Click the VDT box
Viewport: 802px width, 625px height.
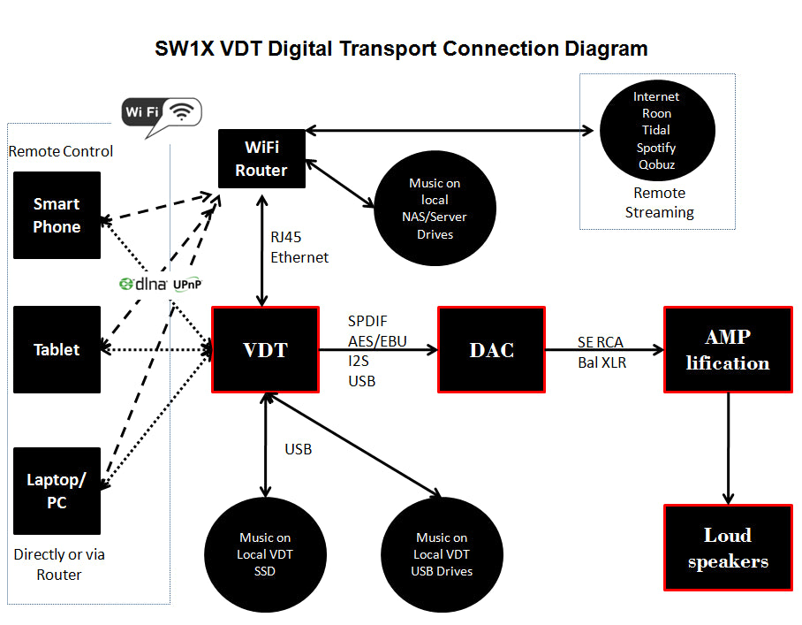[x=265, y=349]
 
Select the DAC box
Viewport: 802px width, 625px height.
[x=491, y=349]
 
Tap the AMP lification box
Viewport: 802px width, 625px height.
[x=728, y=349]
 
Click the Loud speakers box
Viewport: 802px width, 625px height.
[x=728, y=547]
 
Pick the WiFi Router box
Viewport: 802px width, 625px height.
[x=261, y=158]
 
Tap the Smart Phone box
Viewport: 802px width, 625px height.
[x=57, y=215]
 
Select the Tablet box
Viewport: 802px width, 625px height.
[x=57, y=349]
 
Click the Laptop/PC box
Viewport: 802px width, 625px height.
[x=57, y=492]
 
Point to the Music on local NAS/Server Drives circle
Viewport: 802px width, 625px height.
[x=434, y=210]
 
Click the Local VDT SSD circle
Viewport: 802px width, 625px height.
[x=265, y=554]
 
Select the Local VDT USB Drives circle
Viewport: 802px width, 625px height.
[x=442, y=554]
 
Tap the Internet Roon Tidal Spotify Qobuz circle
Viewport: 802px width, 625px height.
[x=656, y=130]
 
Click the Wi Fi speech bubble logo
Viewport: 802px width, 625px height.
[x=161, y=113]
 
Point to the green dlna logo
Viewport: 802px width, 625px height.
[x=143, y=284]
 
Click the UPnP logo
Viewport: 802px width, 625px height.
[x=186, y=285]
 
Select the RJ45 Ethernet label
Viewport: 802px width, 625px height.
[x=299, y=248]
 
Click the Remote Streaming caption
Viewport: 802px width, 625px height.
[x=659, y=202]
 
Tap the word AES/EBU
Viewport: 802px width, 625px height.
[x=377, y=341]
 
